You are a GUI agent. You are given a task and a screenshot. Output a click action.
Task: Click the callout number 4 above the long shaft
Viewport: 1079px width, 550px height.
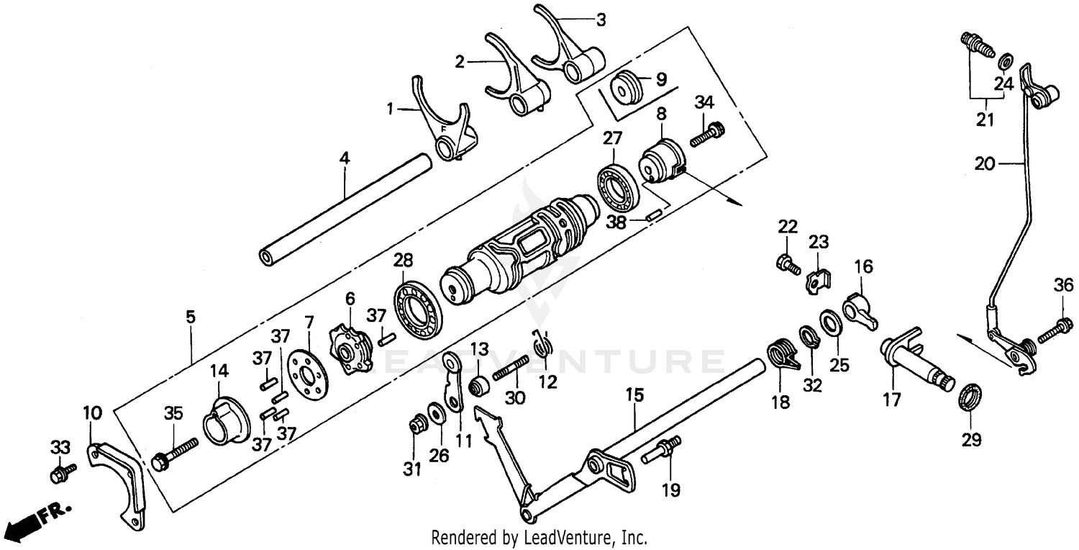[345, 158]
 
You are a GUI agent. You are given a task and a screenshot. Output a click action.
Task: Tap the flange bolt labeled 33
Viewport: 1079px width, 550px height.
[62, 474]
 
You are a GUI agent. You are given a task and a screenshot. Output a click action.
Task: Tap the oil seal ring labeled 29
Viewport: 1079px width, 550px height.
[969, 397]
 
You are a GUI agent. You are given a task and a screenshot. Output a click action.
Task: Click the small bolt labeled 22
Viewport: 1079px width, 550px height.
[788, 264]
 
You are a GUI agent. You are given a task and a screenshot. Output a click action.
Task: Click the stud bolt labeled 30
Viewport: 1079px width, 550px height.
[510, 373]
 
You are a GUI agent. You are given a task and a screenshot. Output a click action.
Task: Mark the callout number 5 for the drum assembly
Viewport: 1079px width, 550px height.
[190, 317]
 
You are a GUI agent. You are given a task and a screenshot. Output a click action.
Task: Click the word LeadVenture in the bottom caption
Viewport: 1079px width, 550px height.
[568, 537]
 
